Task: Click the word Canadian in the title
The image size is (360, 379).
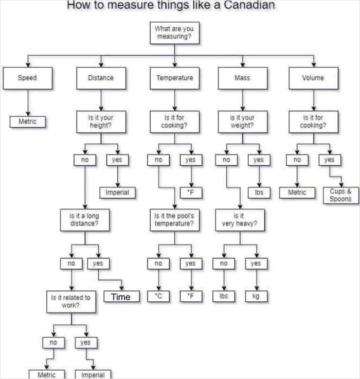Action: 249,5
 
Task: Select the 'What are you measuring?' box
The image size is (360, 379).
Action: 174,33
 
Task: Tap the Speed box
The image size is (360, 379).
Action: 28,78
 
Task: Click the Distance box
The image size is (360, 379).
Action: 101,78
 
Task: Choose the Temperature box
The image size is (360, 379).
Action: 174,78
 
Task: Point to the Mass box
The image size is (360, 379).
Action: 243,78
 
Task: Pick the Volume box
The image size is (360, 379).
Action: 313,78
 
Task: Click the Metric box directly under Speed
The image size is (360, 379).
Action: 28,122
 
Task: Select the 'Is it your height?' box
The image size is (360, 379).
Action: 101,122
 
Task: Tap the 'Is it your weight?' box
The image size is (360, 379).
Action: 243,122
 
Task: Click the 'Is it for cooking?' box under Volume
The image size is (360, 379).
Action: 313,122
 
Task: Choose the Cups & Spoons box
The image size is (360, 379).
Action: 341,195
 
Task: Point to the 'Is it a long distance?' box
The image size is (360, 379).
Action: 85,220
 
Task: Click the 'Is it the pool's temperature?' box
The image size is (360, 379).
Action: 174,220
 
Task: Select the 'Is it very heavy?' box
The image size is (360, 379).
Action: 240,220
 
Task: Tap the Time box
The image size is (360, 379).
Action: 121,296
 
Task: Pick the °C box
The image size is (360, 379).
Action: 158,296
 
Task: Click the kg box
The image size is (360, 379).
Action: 256,296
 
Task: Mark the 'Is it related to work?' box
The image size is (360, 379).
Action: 71,302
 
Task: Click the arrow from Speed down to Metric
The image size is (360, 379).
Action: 28,102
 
